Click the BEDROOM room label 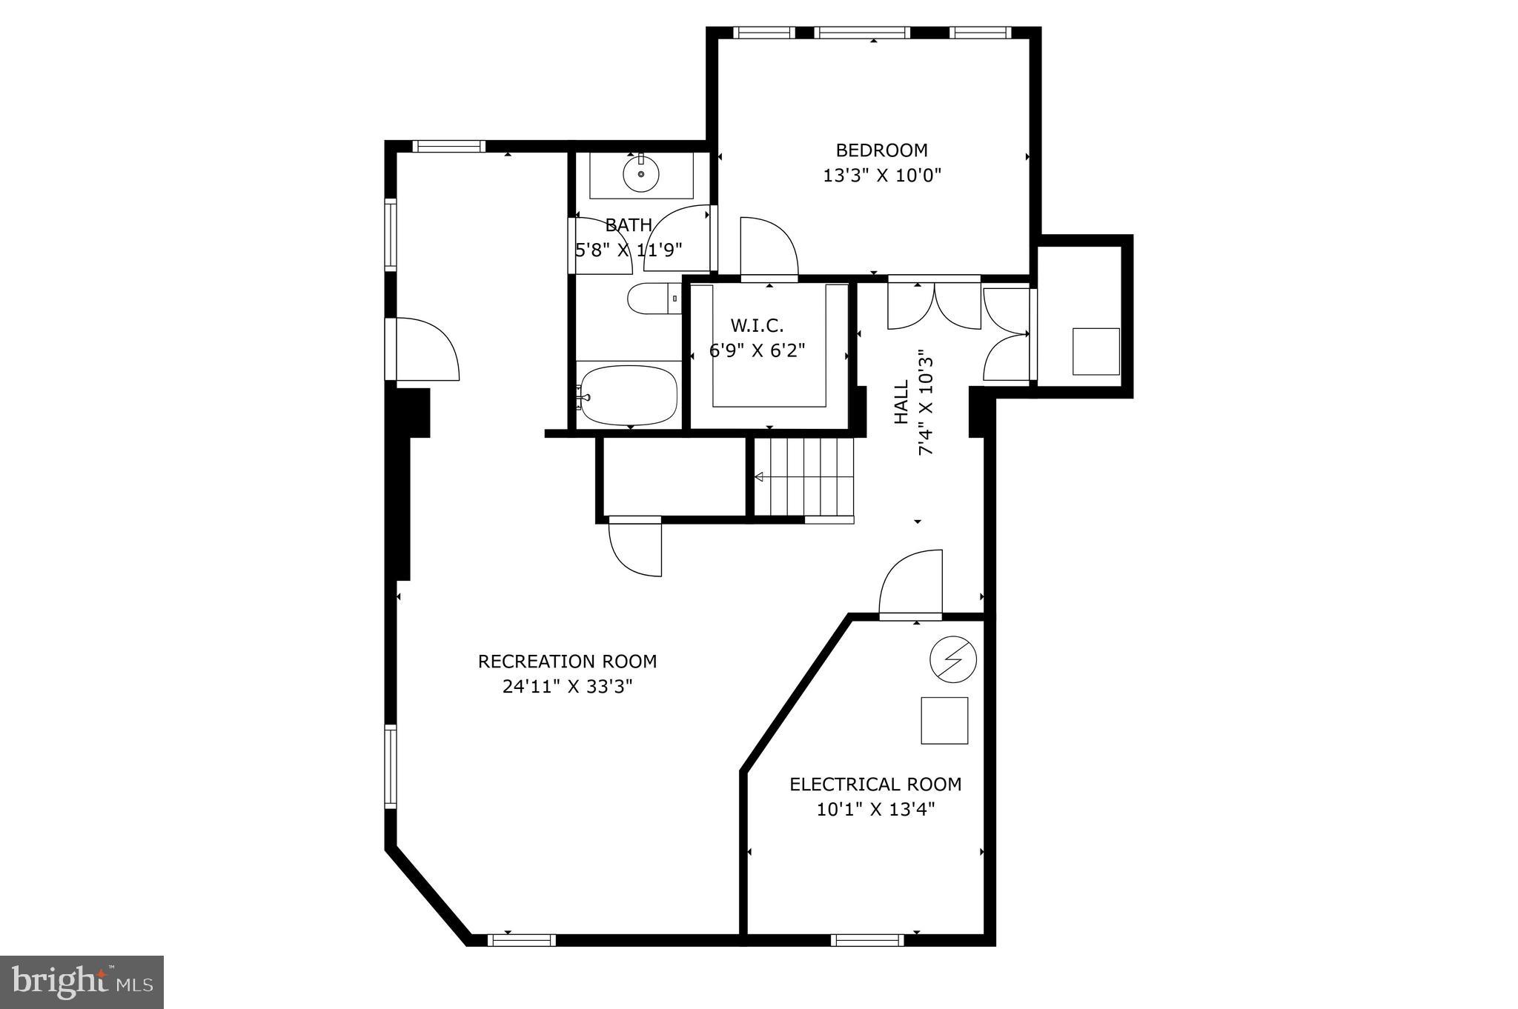881,150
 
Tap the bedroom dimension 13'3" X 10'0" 881,176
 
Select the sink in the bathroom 640,175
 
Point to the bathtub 629,395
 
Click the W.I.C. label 757,325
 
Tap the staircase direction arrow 759,477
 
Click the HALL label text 901,402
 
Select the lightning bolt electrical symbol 953,659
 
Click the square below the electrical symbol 944,720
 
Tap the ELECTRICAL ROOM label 875,784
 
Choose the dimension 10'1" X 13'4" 875,810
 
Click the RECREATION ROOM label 567,661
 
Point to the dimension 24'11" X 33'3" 567,687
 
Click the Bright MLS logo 82,982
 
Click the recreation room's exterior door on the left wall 424,350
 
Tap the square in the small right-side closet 1096,351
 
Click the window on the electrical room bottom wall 866,939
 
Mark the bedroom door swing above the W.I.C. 767,246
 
